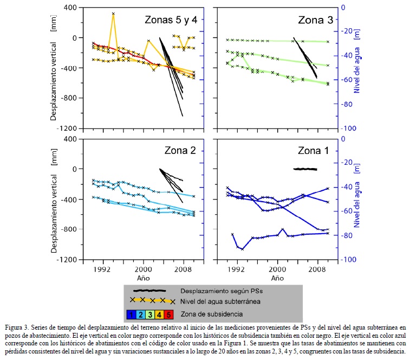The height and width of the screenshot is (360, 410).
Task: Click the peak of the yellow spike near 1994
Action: (113, 14)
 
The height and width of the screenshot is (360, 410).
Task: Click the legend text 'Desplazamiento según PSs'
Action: (223, 291)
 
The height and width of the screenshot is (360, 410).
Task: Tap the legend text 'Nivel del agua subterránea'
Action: (226, 301)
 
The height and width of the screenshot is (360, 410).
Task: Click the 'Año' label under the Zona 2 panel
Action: (144, 278)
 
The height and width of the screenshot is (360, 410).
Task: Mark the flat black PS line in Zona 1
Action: (305, 169)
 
